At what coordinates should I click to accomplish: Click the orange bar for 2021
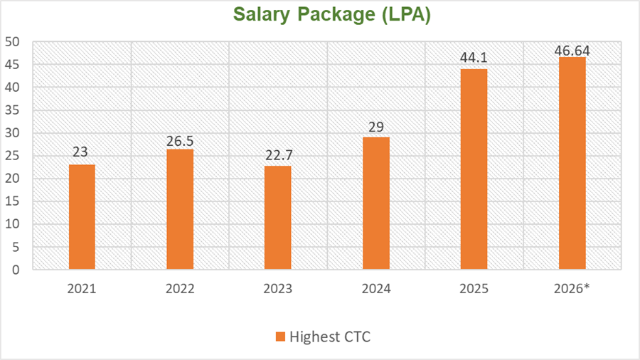pyautogui.click(x=82, y=217)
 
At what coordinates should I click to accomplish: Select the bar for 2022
pyautogui.click(x=180, y=209)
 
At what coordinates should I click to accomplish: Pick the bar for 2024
pyautogui.click(x=376, y=203)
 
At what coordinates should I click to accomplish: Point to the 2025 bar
pyautogui.click(x=474, y=169)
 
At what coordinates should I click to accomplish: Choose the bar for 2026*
pyautogui.click(x=572, y=164)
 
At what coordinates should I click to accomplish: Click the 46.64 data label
pyautogui.click(x=572, y=51)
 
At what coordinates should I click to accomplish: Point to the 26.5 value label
pyautogui.click(x=180, y=141)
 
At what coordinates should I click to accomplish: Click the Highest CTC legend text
pyautogui.click(x=329, y=337)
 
